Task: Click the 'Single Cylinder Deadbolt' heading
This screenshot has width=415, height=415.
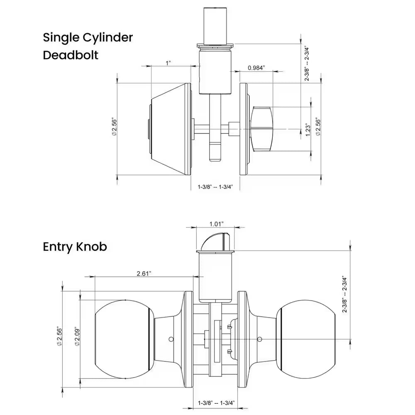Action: point(88,46)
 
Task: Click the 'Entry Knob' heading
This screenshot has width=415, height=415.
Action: point(75,247)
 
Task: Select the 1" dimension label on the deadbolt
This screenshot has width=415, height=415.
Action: point(168,63)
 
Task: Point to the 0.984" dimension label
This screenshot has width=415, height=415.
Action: point(256,68)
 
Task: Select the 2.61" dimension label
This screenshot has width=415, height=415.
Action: point(144,273)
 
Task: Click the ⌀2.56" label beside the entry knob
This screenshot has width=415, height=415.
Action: point(59,337)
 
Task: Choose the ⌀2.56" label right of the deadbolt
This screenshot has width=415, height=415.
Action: point(318,127)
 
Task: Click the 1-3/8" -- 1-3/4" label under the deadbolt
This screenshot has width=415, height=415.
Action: point(215,187)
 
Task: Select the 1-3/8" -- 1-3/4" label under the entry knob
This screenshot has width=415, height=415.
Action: point(216,403)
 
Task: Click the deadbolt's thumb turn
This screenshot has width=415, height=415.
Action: point(261,127)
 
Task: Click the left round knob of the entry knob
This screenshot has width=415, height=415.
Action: point(122,339)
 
